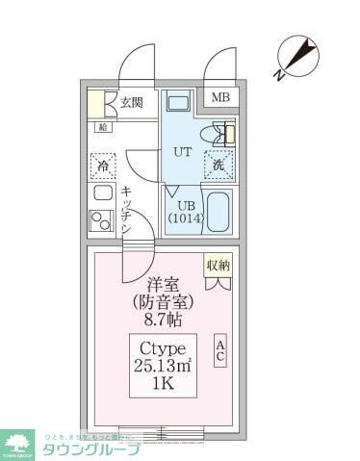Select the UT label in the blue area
coord(182,152)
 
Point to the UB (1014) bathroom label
coord(186,212)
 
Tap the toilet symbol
coord(219,135)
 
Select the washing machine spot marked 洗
coord(219,166)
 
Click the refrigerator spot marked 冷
coord(102,166)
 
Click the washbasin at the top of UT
coord(179,103)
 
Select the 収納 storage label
coord(218,264)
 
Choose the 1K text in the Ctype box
coord(162,382)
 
